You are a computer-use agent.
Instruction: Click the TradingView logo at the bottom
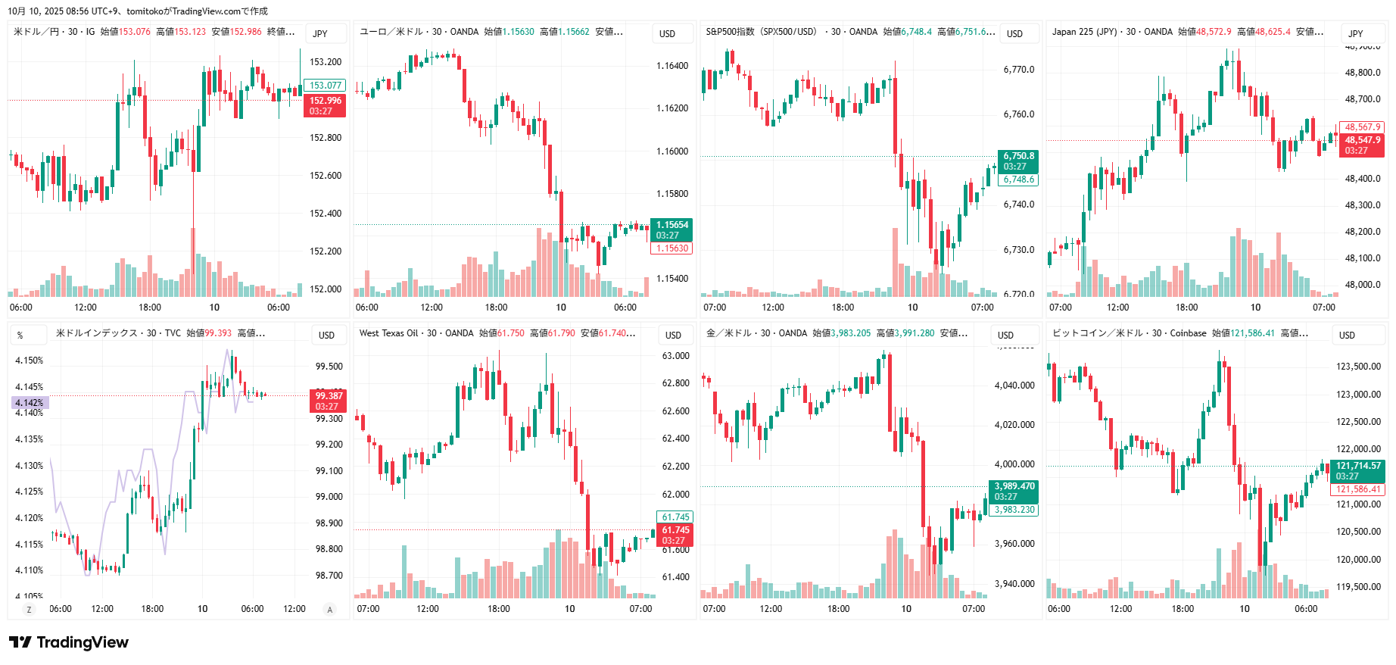(x=69, y=642)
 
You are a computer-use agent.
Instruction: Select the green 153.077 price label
(x=326, y=86)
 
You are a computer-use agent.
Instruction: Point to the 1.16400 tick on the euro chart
(x=672, y=66)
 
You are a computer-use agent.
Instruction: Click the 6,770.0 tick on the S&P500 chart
(x=1019, y=70)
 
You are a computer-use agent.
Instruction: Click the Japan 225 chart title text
(x=1112, y=32)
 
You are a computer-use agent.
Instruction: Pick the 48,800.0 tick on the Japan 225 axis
(x=1363, y=73)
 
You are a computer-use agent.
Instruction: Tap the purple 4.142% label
(x=30, y=403)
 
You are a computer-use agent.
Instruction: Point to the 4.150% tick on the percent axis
(x=30, y=361)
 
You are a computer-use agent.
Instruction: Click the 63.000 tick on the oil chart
(x=675, y=356)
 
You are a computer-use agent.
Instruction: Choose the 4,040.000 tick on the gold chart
(x=1014, y=386)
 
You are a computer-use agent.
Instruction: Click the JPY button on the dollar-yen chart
(x=320, y=34)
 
